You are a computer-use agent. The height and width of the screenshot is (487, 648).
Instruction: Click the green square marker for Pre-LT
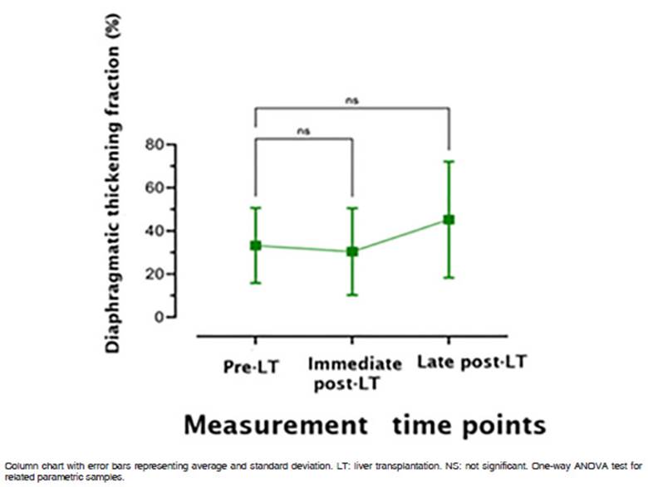coord(256,246)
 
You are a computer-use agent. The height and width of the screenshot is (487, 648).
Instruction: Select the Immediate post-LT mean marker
coord(352,251)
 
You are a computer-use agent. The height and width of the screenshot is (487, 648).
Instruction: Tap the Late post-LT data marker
coord(449,220)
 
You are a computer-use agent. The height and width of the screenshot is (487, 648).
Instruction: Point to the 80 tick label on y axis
coord(154,144)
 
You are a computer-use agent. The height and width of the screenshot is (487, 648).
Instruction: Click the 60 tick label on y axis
coord(154,187)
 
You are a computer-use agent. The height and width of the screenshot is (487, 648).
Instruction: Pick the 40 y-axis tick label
coord(154,231)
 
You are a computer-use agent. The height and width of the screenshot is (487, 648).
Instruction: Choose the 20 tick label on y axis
coord(154,274)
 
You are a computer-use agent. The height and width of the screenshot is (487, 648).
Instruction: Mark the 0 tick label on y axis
coord(158,317)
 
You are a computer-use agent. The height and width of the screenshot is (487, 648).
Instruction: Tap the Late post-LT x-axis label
coord(472,363)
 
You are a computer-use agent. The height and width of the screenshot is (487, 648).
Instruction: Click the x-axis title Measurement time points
coord(365,425)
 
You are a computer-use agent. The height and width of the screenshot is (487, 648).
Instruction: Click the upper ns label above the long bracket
coord(352,101)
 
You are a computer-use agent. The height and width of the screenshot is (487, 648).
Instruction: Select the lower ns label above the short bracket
coord(303,130)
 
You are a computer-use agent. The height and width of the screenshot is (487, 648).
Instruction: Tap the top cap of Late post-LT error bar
coord(449,161)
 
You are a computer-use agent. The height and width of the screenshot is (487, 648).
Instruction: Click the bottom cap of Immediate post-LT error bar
coord(352,295)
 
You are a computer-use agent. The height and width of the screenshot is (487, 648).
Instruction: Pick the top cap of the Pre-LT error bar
coord(256,207)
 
